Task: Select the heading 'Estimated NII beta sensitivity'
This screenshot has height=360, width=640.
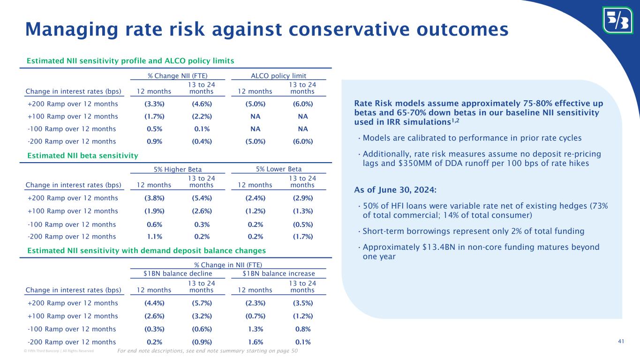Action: [82, 155]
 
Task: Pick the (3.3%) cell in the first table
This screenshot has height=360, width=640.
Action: [154, 104]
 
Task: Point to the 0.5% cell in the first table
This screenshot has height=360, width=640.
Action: [154, 129]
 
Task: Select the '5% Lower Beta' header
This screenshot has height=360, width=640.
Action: [279, 169]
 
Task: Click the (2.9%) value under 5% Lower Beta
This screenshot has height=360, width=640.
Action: [303, 198]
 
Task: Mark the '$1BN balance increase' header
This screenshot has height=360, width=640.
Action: [279, 274]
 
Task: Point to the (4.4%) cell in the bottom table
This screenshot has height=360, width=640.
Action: [154, 303]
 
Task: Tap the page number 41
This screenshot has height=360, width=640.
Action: [621, 341]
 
